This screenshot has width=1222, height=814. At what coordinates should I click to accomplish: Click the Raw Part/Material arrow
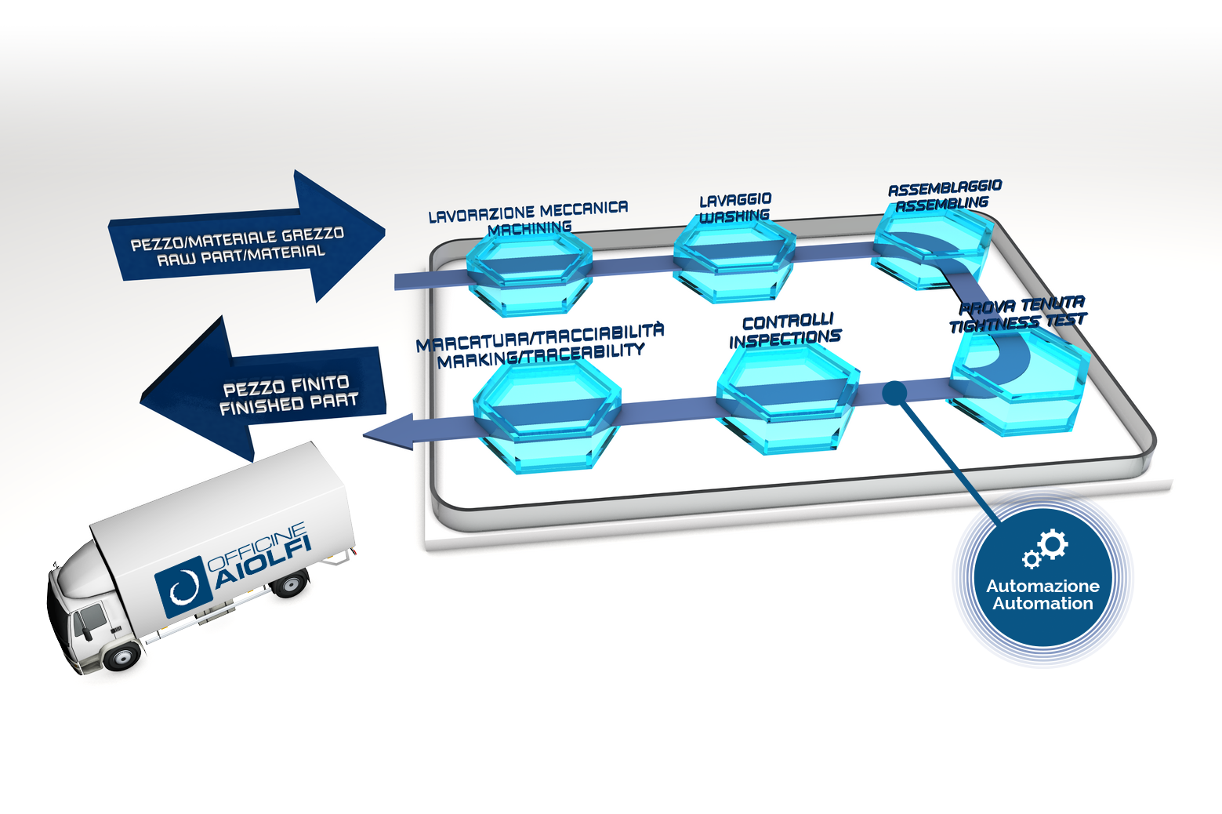pyautogui.click(x=245, y=240)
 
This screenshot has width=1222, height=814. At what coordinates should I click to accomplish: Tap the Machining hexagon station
pyautogui.click(x=529, y=273)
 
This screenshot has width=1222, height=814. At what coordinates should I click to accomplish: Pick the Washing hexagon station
pyautogui.click(x=734, y=261)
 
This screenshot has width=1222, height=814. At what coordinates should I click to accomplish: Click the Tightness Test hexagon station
pyautogui.click(x=1019, y=382)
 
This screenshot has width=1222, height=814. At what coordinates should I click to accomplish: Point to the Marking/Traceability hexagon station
pyautogui.click(x=546, y=416)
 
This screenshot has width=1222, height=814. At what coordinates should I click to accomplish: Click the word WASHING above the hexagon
pyautogui.click(x=734, y=216)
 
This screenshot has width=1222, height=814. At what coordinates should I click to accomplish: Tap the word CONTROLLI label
pyautogui.click(x=789, y=322)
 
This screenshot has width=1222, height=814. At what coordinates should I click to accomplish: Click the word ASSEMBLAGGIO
pyautogui.click(x=945, y=187)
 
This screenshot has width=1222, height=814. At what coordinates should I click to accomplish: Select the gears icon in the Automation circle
pyautogui.click(x=1046, y=549)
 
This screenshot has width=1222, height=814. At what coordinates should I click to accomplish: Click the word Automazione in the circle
pyautogui.click(x=1043, y=586)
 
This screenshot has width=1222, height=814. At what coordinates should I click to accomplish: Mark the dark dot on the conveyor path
pyautogui.click(x=894, y=393)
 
